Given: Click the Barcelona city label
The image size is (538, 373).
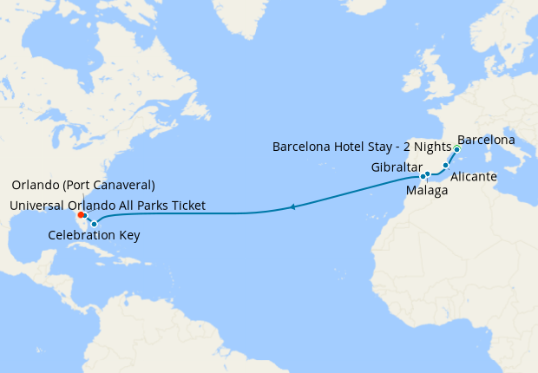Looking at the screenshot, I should (486, 140).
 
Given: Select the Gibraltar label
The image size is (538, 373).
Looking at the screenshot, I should (397, 167).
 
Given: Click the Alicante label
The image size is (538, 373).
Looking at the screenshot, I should (474, 176).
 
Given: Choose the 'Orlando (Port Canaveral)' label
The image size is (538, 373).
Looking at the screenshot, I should (83, 185).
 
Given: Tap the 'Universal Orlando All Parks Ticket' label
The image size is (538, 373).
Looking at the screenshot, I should (108, 205).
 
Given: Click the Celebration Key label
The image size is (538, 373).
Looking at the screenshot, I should (94, 235).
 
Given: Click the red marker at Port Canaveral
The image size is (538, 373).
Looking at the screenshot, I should (81, 214).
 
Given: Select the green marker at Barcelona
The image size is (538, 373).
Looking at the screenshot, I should (456, 148).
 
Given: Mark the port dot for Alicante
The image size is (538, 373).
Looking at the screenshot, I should (446, 165).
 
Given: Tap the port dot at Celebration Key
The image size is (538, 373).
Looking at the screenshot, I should (94, 224).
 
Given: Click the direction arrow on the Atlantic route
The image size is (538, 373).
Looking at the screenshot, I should (294, 206).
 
